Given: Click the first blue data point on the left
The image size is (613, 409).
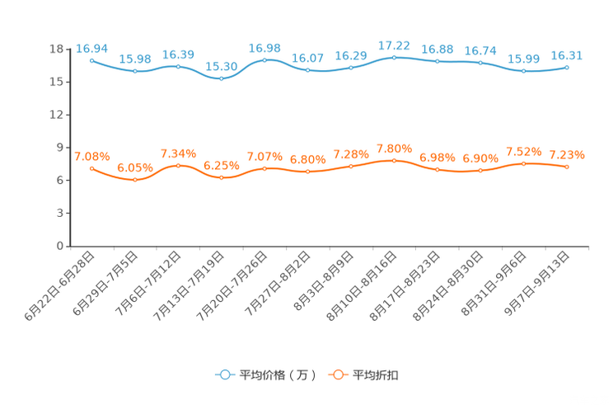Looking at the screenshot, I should (x=91, y=60).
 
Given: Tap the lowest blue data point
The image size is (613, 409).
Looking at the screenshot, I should (x=221, y=78).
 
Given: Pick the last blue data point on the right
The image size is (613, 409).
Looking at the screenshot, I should (x=567, y=67).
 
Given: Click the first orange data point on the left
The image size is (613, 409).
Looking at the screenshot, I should (x=91, y=168).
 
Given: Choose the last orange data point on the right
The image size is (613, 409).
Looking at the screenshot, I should (x=567, y=167).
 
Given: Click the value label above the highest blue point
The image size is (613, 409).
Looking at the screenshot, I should (x=394, y=45).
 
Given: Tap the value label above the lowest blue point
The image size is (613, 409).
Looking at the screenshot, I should (x=221, y=66).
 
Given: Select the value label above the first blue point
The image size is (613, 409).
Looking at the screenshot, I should (x=91, y=48).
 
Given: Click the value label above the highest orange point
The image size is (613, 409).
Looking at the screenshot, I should (x=394, y=148).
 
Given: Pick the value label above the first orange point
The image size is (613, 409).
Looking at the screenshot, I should (x=91, y=156).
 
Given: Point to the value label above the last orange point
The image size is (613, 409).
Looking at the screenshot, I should (x=567, y=155).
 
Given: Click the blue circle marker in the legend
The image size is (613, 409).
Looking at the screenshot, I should (x=224, y=374).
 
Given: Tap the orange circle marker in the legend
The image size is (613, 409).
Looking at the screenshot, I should (x=338, y=374).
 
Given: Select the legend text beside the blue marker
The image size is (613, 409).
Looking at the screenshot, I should (x=275, y=375).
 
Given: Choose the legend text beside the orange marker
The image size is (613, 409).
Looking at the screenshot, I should (x=376, y=375).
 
